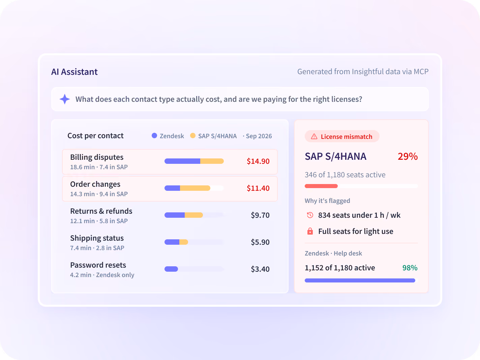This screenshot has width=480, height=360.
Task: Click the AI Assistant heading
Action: coord(74,72)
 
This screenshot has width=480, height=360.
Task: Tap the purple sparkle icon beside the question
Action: coord(65,99)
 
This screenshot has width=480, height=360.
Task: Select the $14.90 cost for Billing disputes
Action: coord(258,161)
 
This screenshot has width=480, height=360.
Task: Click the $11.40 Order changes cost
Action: coord(258,188)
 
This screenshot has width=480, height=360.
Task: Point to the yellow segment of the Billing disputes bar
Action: coord(212,161)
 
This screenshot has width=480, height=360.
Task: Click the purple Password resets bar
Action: coord(171,269)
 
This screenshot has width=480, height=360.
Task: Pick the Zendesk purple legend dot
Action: coord(154,136)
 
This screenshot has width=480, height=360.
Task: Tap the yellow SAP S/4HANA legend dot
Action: coord(193,136)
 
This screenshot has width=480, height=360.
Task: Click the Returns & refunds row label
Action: coord(101,211)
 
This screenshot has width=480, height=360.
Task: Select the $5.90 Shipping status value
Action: coord(260,242)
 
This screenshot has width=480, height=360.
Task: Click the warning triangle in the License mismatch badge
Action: coord(314,137)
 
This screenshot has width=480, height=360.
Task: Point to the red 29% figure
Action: coord(408,156)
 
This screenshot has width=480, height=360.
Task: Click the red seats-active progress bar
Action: coord(321,186)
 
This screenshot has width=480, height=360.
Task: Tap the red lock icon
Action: coord(310,231)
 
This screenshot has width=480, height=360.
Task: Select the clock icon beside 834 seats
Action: coord(310,215)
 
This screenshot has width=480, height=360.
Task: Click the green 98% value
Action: coord(410,268)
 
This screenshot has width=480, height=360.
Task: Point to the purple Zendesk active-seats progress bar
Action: coord(360,280)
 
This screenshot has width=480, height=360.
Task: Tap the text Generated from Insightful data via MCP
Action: coord(363,72)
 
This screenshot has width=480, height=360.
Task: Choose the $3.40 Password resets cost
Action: coord(260,269)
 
